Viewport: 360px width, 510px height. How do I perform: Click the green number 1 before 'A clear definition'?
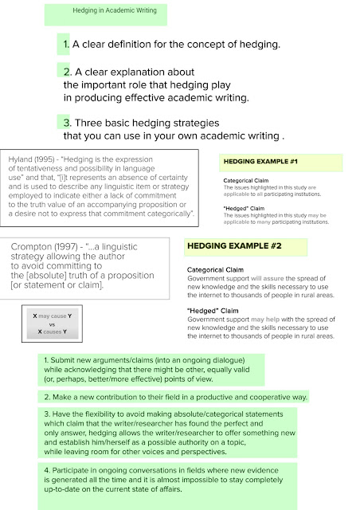click(x=67, y=44)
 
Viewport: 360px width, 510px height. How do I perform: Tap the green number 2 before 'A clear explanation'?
click(x=68, y=72)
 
